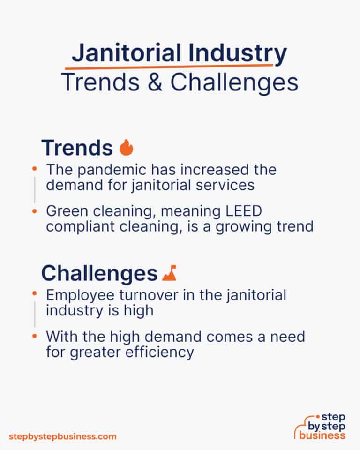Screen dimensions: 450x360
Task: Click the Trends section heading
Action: [x=77, y=148]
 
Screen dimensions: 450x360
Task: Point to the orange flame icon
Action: [x=126, y=148]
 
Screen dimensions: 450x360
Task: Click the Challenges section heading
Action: [x=99, y=273]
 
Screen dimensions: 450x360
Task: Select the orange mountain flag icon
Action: [x=169, y=274]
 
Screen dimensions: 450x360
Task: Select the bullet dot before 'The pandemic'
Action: [x=34, y=168]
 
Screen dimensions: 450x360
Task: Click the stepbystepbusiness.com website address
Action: [x=62, y=436]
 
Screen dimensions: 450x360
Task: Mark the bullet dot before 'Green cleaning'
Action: [x=34, y=211]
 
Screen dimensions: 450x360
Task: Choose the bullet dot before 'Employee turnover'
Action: [x=34, y=294]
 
